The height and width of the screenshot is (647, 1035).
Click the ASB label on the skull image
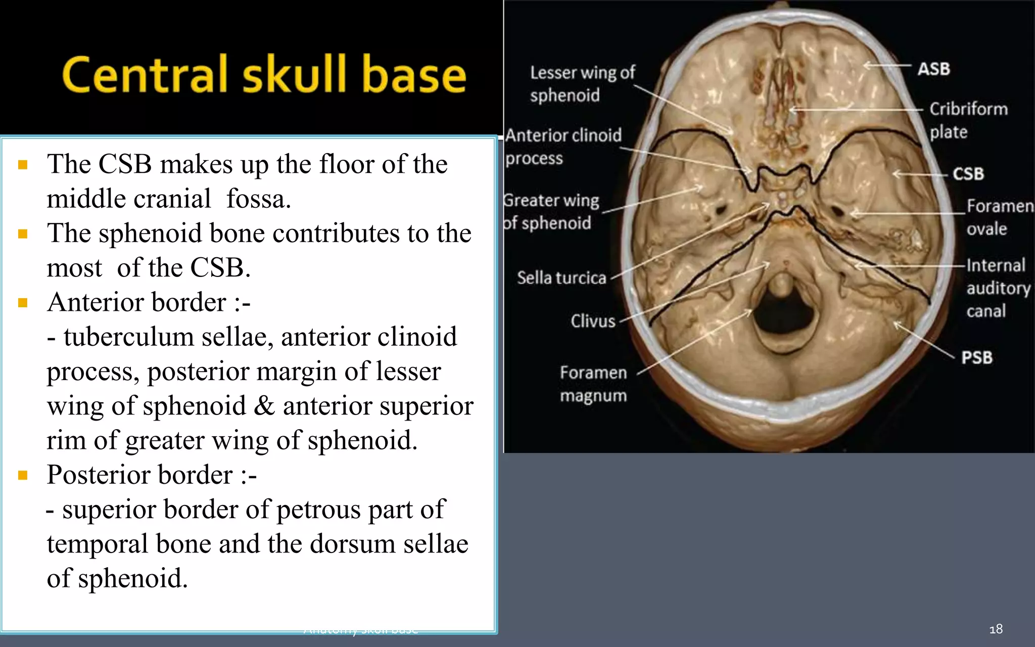[x=933, y=69]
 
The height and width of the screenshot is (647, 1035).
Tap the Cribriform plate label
[x=968, y=120]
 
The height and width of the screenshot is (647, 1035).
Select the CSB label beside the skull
[x=968, y=174]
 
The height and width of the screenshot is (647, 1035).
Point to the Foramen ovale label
[x=999, y=217]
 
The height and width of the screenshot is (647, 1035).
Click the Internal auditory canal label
[x=997, y=288]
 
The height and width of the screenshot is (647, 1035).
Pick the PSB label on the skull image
[x=976, y=357]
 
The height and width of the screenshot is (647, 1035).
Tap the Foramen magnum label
[x=593, y=384]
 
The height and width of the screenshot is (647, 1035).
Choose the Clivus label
[x=593, y=321]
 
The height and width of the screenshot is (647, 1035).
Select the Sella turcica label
[x=561, y=278]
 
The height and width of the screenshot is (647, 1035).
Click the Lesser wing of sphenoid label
[x=582, y=84]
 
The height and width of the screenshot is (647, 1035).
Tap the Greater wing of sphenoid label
[x=550, y=211]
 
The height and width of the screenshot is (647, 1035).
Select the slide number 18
[x=996, y=629]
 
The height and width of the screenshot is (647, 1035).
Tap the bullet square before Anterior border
[x=23, y=303]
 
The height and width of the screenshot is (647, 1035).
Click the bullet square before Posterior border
[x=23, y=475]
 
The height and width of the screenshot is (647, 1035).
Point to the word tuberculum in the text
[x=128, y=337]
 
